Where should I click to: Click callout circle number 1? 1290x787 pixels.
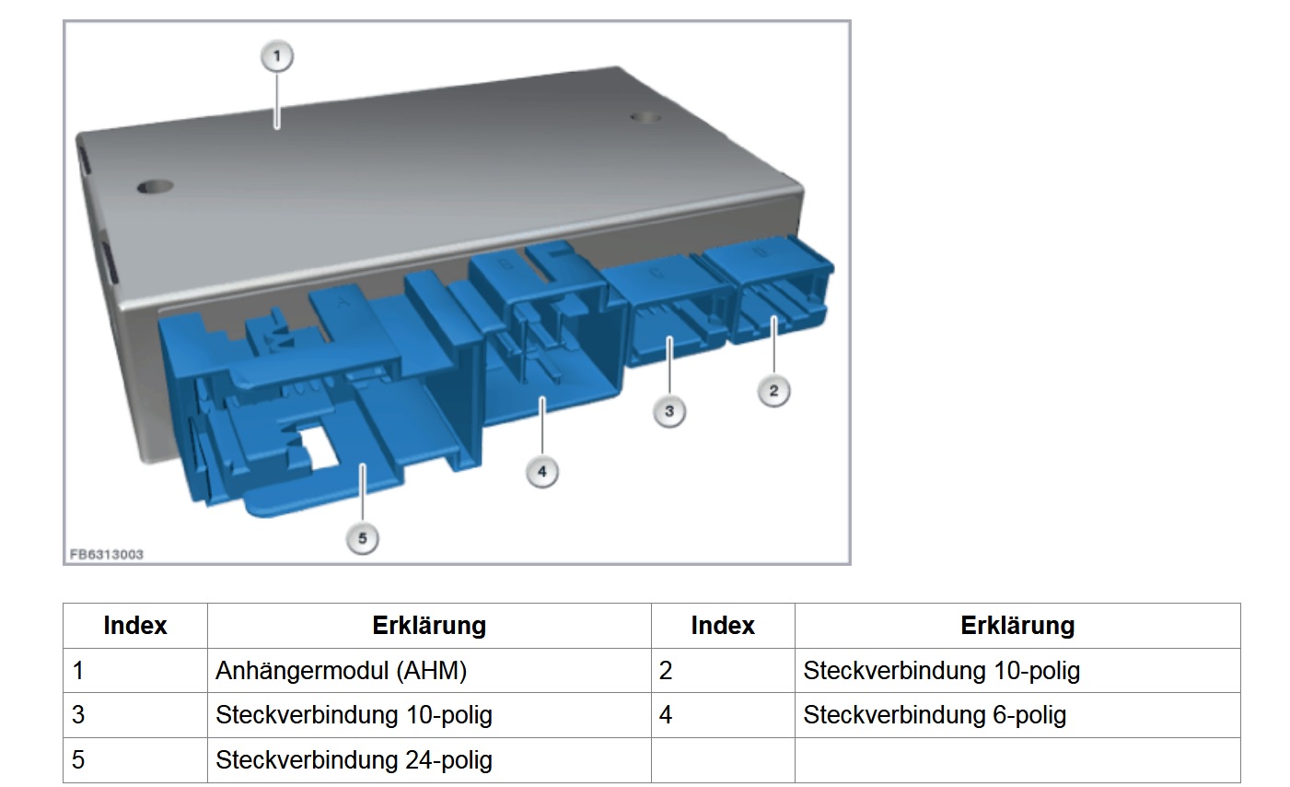click(277, 56)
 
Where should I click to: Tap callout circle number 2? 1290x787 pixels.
click(773, 391)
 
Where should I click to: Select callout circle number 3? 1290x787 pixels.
click(669, 411)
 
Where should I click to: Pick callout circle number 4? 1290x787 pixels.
click(542, 472)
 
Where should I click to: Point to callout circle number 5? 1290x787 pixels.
click(362, 538)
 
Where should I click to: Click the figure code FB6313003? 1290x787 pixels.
click(107, 555)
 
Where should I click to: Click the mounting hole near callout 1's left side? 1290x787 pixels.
click(155, 187)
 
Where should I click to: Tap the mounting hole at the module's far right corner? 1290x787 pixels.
click(645, 118)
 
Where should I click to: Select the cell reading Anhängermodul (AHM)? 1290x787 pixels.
click(429, 671)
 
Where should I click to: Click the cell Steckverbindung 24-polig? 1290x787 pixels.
click(429, 760)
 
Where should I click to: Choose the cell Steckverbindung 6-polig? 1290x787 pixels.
click(1017, 715)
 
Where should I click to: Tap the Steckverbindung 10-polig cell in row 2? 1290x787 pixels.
click(1017, 671)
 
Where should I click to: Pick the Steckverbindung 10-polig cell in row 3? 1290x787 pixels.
click(429, 715)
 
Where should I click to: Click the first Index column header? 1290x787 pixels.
click(135, 626)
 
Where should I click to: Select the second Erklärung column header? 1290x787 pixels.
click(1017, 626)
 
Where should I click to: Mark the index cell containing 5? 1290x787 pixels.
click(135, 760)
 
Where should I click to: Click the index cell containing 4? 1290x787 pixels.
click(723, 715)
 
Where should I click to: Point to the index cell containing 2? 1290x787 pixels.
click(723, 671)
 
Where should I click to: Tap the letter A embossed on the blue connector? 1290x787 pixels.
click(343, 300)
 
